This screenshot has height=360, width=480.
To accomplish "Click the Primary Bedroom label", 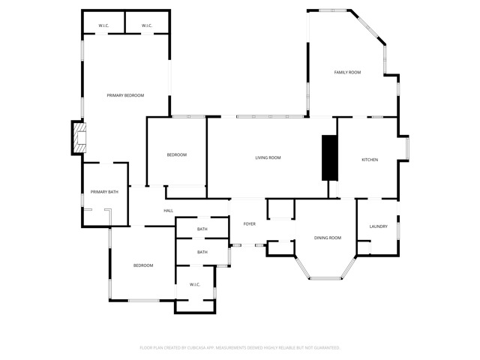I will tap(125, 95).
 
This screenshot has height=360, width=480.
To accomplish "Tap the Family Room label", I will tap(347, 72).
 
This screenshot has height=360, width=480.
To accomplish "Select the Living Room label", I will tap(268, 157).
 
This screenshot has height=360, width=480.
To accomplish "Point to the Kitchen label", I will tap(370, 160).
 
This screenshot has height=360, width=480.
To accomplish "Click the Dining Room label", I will tap(328, 238).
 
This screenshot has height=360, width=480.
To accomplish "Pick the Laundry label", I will tap(378, 226).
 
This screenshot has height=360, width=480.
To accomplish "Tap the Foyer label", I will tap(249, 224).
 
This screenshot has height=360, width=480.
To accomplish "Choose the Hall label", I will tap(169, 211).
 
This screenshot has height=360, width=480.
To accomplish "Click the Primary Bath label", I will tap(104, 193).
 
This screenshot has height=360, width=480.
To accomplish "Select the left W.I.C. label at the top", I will tap(104, 26).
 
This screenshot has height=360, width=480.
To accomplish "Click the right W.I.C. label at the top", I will tap(147, 26).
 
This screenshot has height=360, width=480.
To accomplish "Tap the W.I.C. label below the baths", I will tap(194, 285).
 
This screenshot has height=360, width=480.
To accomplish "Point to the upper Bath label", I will tap(202, 229).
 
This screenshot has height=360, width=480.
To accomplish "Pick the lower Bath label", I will tap(202, 252).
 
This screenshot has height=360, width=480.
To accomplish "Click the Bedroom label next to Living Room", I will tap(176, 154).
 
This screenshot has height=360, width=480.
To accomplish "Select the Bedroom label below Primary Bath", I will tap(143, 265).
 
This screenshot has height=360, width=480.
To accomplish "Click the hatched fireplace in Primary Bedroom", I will tap(79, 139).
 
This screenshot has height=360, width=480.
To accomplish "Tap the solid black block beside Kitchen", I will tap(329, 157).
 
